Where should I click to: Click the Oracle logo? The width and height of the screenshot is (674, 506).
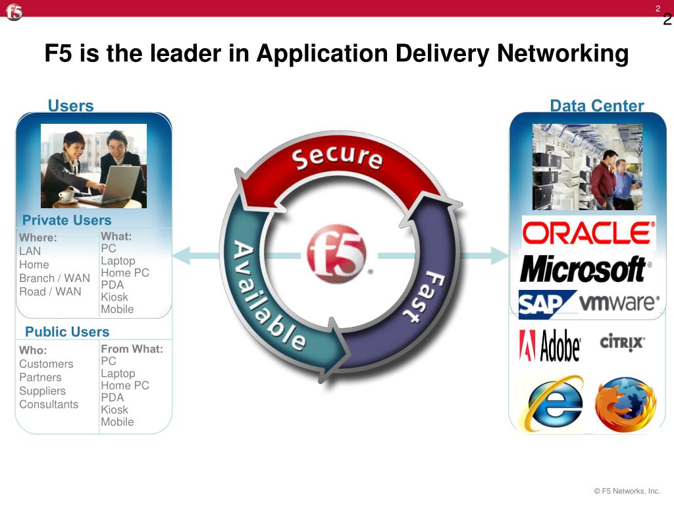click(x=588, y=233)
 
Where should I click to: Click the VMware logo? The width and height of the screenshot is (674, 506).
click(x=619, y=303)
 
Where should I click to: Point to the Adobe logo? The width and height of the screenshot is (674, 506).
click(x=550, y=345)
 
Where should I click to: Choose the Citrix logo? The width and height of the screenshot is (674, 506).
click(x=622, y=343)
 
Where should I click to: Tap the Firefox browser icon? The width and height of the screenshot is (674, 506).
click(x=625, y=404)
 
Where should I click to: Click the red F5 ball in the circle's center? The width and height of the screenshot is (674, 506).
click(x=336, y=254)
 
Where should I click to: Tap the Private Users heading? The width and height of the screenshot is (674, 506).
click(x=67, y=220)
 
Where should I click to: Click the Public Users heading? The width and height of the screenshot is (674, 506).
click(x=67, y=331)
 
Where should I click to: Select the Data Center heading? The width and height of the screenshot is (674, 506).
click(x=596, y=106)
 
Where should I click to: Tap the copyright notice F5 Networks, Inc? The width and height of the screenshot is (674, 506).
click(x=627, y=491)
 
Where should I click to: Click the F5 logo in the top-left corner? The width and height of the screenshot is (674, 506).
click(x=14, y=12)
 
